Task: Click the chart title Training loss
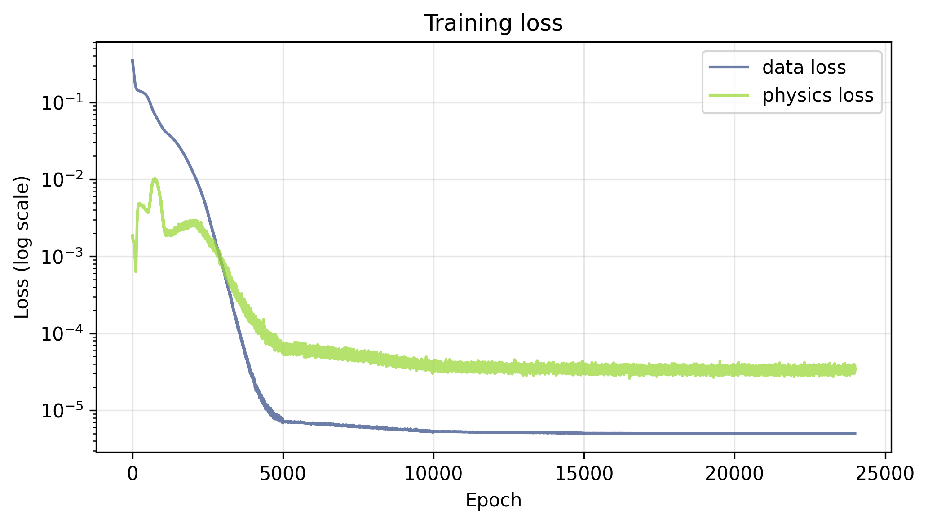pyautogui.click(x=493, y=23)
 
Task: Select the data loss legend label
pyautogui.click(x=804, y=68)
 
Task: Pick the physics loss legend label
pyautogui.click(x=818, y=95)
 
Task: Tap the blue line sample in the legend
pyautogui.click(x=729, y=68)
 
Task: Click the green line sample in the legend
pyautogui.click(x=729, y=95)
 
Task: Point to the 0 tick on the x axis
pyautogui.click(x=133, y=475)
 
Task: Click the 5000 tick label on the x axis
pyautogui.click(x=283, y=475)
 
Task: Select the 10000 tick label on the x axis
pyautogui.click(x=433, y=475)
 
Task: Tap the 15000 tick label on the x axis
pyautogui.click(x=584, y=475)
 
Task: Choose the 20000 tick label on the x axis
pyautogui.click(x=734, y=475)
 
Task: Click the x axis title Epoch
pyautogui.click(x=493, y=500)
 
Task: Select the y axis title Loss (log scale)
pyautogui.click(x=22, y=247)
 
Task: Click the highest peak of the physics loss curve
pyautogui.click(x=155, y=179)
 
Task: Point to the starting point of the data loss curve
pyautogui.click(x=132, y=60)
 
